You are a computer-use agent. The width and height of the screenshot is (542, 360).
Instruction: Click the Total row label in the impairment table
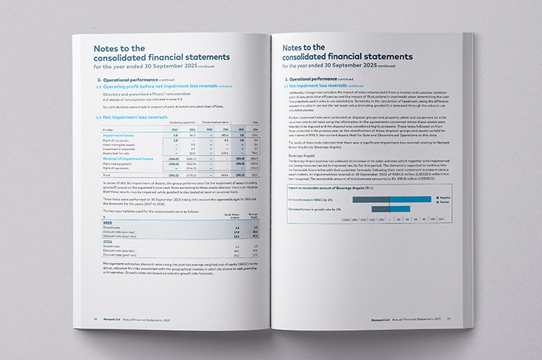click(104, 175)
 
